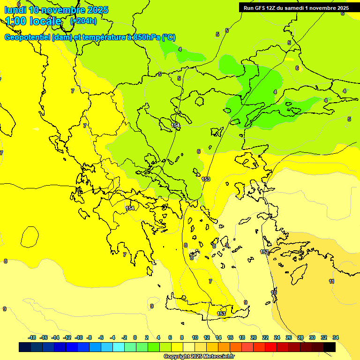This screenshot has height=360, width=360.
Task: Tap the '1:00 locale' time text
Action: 33,21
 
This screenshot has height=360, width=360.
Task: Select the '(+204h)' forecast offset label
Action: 83,21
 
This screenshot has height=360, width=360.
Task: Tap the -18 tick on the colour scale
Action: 32,337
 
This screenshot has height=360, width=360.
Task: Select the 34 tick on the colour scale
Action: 336,337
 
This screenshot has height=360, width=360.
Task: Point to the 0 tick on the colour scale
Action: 135,337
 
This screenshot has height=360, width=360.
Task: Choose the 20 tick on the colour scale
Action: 254,337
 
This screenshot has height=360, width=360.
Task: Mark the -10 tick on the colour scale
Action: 79,337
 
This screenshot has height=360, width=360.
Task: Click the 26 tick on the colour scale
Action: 289,337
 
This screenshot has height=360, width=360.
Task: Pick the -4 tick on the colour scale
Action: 112,337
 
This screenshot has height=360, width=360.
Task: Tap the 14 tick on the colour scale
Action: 218,337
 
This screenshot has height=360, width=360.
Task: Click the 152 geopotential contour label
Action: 264,252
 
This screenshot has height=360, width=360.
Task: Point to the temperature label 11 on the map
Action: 331,281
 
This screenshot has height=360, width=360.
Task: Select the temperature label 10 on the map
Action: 274,292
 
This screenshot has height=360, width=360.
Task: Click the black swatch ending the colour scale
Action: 330,347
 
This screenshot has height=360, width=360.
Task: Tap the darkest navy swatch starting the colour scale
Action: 25,347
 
